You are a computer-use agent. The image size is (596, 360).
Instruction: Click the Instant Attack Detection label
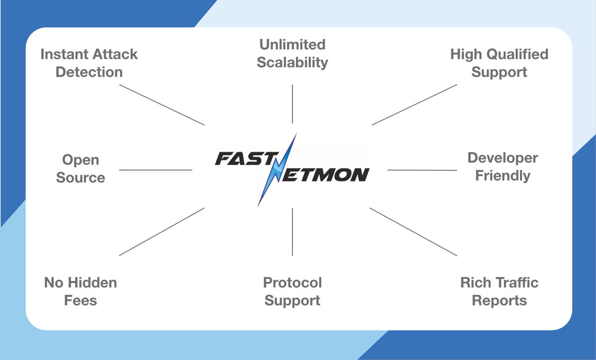(x=89, y=63)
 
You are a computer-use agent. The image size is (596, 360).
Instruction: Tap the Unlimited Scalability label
(x=292, y=53)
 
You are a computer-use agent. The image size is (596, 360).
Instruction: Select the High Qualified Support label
(x=499, y=63)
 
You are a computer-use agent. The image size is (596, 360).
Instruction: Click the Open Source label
(x=81, y=169)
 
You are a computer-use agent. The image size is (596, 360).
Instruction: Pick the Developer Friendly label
(x=503, y=167)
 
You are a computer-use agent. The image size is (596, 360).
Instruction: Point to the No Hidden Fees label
(x=81, y=291)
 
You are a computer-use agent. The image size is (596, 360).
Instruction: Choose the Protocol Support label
(x=292, y=291)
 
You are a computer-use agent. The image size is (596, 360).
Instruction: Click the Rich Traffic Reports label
(x=499, y=291)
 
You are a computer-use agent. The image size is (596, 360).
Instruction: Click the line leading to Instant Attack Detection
(x=162, y=104)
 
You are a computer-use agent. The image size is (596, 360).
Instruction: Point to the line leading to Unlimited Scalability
(x=292, y=103)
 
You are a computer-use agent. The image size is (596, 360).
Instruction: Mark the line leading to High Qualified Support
(x=414, y=104)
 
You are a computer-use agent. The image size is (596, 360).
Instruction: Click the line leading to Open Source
(x=156, y=170)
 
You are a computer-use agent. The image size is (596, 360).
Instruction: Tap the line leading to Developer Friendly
(x=422, y=170)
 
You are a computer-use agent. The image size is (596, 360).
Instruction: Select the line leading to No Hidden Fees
(x=162, y=232)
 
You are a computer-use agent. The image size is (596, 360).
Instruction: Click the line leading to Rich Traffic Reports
(x=413, y=232)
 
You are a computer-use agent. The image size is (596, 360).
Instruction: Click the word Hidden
(x=93, y=283)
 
